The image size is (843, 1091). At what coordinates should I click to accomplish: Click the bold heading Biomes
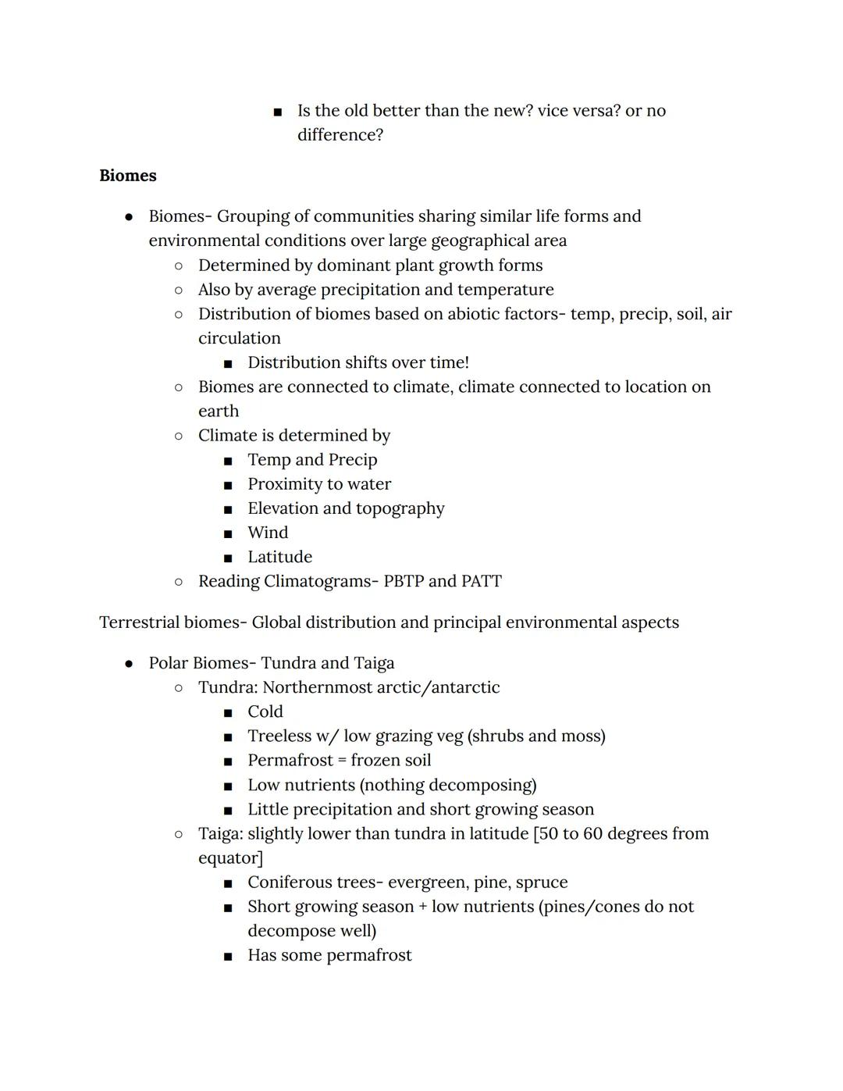tap(128, 176)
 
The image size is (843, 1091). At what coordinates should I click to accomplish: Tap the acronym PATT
tap(481, 582)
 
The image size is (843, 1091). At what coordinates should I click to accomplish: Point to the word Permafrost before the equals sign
tap(290, 761)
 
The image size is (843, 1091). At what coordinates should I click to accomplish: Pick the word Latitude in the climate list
tap(279, 558)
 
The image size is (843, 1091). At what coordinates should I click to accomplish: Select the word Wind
tap(268, 533)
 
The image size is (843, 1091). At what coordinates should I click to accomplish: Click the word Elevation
tap(282, 509)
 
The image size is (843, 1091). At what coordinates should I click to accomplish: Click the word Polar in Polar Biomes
tap(168, 664)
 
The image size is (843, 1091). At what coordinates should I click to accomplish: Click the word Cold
tap(265, 712)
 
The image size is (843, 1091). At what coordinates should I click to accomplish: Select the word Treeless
tap(279, 736)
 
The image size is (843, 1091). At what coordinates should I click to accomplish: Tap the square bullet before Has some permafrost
tap(228, 957)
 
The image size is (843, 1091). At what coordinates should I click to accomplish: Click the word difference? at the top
tap(340, 135)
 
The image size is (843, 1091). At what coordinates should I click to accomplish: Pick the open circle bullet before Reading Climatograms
tap(179, 582)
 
